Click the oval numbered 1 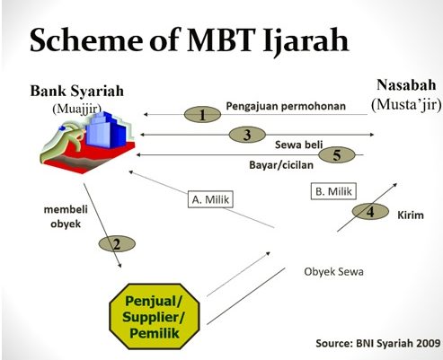tap(202, 114)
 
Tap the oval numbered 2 tap(117, 244)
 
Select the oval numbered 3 tap(247, 135)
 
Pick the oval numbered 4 tap(370, 212)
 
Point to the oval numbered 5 tap(337, 155)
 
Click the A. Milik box tap(210, 199)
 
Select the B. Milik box tap(333, 191)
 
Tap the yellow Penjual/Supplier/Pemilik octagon tap(155, 316)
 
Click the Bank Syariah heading tap(77, 91)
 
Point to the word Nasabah tap(406, 85)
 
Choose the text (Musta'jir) tap(406, 104)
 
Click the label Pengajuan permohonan tap(286, 106)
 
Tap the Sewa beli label tap(298, 145)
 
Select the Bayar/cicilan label tap(281, 165)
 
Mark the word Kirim tap(411, 215)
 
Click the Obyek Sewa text tap(333, 272)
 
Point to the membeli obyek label tap(66, 216)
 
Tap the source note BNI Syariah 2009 tap(378, 343)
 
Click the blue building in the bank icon tap(106, 129)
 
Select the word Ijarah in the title tap(306, 40)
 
